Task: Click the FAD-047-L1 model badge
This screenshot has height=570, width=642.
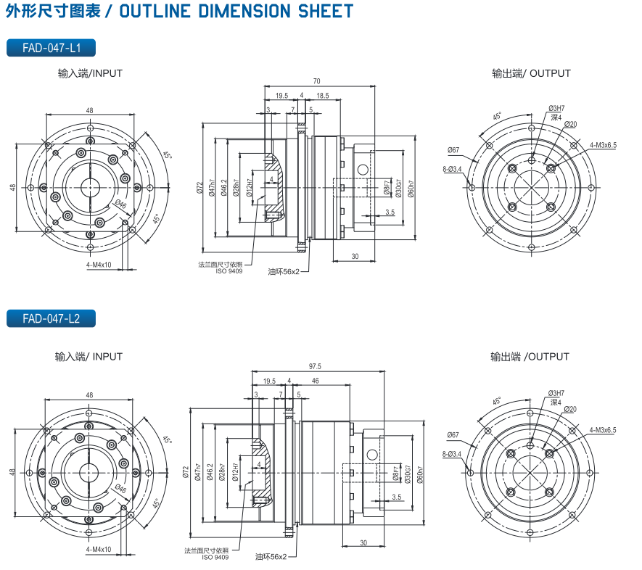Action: (51, 49)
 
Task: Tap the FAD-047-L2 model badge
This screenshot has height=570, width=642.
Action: (51, 318)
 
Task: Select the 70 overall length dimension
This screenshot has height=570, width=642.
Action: (317, 81)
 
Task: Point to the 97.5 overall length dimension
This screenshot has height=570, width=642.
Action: (315, 366)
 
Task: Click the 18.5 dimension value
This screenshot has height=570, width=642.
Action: (323, 96)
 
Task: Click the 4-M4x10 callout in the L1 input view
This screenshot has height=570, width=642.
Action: (99, 265)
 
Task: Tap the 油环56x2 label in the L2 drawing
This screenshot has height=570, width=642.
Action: (271, 557)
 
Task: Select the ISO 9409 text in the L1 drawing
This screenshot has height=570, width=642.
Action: (229, 270)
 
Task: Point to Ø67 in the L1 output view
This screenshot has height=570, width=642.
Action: (453, 150)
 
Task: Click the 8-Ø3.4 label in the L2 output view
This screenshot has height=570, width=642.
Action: (452, 454)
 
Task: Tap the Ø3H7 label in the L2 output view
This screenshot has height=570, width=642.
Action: (556, 393)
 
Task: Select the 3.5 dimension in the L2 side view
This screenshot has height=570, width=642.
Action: (396, 497)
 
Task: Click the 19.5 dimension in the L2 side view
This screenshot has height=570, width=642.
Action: (269, 381)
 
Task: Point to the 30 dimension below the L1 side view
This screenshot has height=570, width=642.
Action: (355, 256)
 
